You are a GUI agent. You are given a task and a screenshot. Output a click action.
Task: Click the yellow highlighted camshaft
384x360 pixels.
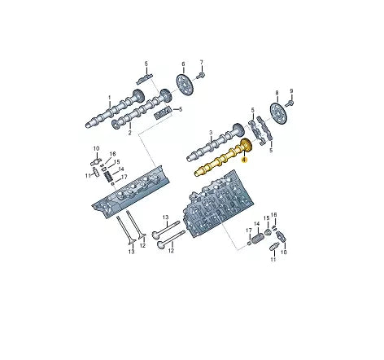click(x=223, y=158)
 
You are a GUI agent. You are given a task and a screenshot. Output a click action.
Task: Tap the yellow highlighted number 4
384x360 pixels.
click(x=244, y=160)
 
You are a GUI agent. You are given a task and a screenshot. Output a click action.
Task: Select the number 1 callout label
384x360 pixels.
click(x=110, y=97)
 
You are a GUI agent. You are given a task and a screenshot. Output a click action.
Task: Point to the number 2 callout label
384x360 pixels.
click(x=129, y=133)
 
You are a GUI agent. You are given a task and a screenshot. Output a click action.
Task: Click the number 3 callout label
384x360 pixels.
click(x=211, y=133)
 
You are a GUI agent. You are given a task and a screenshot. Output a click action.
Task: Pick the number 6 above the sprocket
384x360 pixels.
click(x=183, y=64)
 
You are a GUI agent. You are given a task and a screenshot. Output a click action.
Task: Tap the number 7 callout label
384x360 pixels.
click(x=202, y=62)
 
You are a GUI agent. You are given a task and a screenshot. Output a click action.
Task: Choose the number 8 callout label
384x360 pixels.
click(x=277, y=93)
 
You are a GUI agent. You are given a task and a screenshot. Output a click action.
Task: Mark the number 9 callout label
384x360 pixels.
click(x=291, y=91)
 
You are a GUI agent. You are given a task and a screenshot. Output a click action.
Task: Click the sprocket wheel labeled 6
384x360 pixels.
click(x=185, y=85)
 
